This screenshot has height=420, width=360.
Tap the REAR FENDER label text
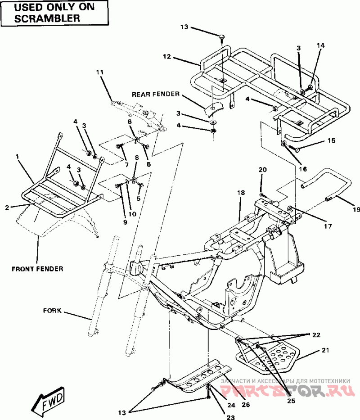click(156, 94)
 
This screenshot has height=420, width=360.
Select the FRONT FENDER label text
click(37, 269)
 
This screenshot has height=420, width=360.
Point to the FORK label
click(53, 310)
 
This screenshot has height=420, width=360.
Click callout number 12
click(167, 57)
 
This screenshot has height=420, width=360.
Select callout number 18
click(241, 193)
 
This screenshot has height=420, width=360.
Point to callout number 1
click(17, 156)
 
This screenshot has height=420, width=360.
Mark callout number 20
click(262, 169)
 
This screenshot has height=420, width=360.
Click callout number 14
click(320, 45)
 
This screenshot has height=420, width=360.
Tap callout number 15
click(331, 140)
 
